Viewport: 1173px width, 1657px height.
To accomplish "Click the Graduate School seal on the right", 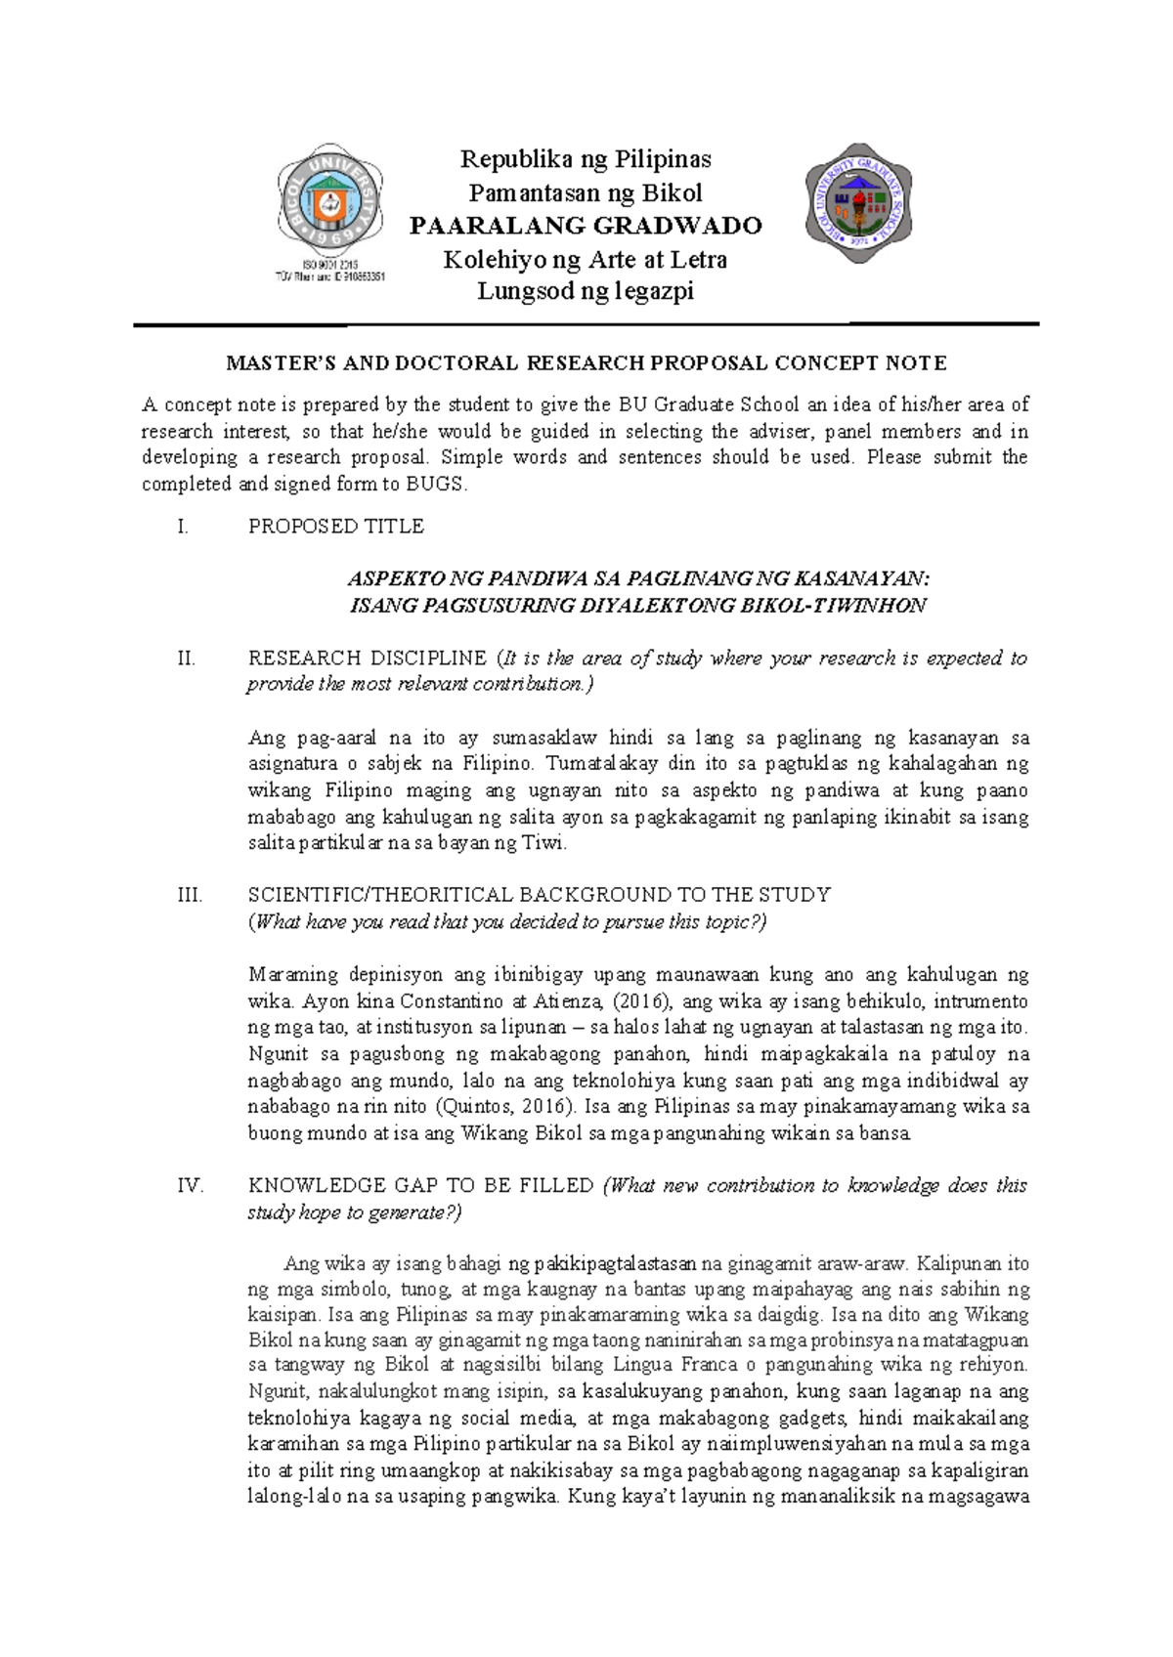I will (857, 203).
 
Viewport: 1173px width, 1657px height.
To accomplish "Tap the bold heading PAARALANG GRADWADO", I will (586, 226).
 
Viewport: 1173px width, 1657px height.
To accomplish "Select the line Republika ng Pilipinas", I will (586, 158).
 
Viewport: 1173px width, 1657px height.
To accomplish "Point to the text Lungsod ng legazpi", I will (586, 291).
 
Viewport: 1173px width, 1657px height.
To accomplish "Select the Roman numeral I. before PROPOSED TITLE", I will (182, 527).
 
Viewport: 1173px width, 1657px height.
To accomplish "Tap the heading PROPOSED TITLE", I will (336, 527).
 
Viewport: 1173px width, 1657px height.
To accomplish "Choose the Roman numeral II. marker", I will (186, 659).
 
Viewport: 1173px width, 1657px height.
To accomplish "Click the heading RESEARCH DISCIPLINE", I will (368, 659).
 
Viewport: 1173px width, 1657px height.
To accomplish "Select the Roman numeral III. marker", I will (190, 895).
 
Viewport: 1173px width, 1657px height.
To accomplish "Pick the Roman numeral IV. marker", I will (190, 1186).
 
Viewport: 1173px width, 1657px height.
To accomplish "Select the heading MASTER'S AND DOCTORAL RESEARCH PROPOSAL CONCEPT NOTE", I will (586, 363).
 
